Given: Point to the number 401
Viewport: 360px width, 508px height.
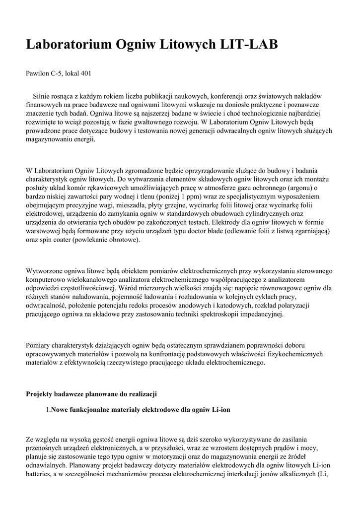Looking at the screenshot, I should pyautogui.click(x=85, y=73).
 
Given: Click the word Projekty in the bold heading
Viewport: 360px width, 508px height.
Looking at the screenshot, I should pyautogui.click(x=39, y=394).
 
